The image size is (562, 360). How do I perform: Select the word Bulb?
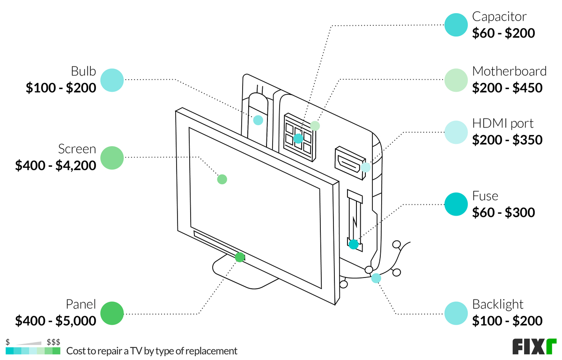coord(83,72)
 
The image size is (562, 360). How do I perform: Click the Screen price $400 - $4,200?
coord(56,165)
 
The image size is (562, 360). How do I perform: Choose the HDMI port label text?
coord(503,124)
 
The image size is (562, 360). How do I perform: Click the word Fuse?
coord(485,196)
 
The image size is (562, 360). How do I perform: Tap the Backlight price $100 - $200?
coord(507,321)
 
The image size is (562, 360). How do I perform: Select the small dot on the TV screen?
coord(222,179)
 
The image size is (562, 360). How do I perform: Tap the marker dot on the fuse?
coord(354,244)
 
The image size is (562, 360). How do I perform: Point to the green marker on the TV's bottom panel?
coord(240,257)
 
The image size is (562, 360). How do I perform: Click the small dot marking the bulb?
coord(258,120)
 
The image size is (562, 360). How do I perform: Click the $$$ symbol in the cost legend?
coord(53,342)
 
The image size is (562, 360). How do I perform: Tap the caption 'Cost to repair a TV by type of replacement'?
coord(152,351)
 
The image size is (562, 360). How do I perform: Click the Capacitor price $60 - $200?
coord(503,33)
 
